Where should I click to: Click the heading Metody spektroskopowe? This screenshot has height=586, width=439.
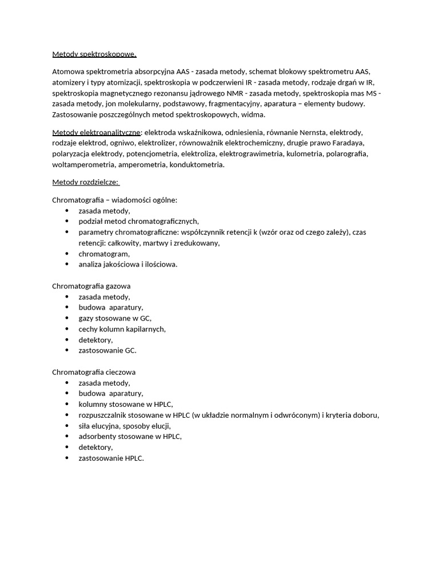pos(94,54)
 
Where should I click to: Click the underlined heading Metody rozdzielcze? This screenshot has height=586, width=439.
pos(85,182)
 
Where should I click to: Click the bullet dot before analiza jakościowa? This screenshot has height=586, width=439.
pos(67,264)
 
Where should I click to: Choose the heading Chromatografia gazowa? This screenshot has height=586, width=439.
pos(91,286)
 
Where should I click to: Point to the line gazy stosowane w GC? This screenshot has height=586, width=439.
pos(115,318)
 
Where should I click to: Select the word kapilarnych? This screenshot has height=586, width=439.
pos(146,329)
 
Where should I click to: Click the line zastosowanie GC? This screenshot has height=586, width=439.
pos(107,350)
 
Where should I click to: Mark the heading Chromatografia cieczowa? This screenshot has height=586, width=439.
pos(94,372)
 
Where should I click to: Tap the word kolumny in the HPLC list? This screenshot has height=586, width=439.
pos(93,404)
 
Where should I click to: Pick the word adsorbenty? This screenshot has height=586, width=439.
pos(98,437)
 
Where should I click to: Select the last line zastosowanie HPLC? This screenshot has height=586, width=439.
pos(111,458)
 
